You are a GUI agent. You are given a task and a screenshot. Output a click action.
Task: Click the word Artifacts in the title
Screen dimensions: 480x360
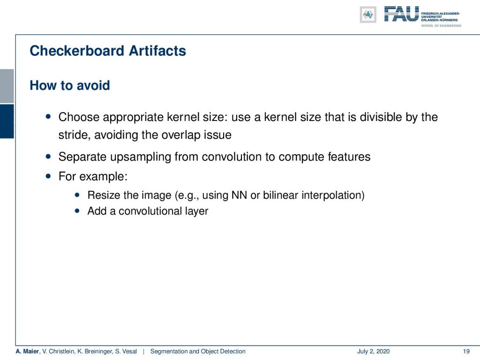(x=157, y=51)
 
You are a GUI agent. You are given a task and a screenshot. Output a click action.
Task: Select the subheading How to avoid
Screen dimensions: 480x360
(x=70, y=85)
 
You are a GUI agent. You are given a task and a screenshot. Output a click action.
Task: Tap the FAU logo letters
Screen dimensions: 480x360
(x=402, y=14)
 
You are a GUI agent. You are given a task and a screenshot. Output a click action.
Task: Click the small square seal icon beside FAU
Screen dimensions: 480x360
(x=368, y=15)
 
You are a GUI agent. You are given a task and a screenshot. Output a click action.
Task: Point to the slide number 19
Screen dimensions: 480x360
(x=466, y=351)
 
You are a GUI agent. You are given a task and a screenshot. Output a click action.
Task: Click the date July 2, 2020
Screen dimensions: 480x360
(x=373, y=351)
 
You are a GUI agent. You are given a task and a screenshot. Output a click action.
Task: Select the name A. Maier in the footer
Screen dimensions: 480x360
(x=27, y=351)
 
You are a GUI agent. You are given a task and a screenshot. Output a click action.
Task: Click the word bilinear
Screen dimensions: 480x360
(x=280, y=195)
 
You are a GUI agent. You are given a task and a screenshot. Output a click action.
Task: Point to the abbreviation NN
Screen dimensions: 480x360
(x=239, y=195)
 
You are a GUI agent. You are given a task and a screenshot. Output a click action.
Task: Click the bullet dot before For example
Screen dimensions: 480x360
(x=48, y=176)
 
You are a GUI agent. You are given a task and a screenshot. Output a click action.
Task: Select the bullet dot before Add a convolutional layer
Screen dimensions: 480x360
(x=77, y=210)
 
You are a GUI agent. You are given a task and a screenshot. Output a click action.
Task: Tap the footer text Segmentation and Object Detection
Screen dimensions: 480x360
(x=198, y=351)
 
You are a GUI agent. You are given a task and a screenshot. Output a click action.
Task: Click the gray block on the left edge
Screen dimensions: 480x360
(x=7, y=86)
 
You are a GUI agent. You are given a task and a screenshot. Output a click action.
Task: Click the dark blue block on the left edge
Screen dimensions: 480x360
(x=7, y=121)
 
